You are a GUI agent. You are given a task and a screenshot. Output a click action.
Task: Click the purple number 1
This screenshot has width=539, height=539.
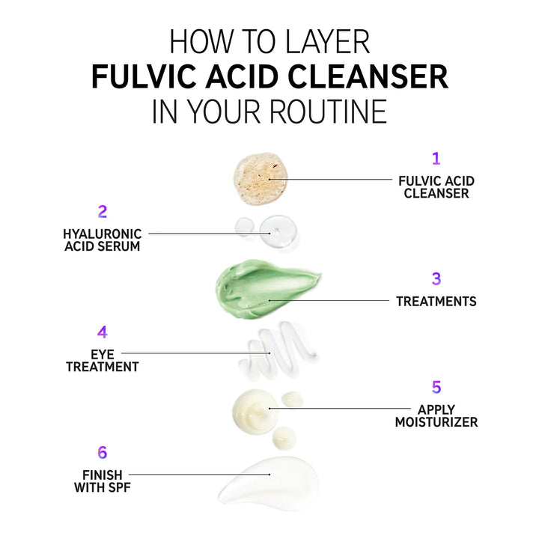pos(436,158)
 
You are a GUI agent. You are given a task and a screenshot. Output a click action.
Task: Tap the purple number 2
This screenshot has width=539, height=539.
pos(103,211)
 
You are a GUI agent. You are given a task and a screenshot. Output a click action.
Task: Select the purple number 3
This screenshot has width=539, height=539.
pos(436,278)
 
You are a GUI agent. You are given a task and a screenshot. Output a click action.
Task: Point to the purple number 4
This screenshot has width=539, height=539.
pos(103,332)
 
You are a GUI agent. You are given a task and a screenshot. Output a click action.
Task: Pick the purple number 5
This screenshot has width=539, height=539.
pos(436,387)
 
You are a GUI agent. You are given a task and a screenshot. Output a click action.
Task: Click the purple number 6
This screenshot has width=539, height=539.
pos(103,452)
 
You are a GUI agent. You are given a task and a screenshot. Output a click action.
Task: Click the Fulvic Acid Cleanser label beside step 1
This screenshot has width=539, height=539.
pos(436,187)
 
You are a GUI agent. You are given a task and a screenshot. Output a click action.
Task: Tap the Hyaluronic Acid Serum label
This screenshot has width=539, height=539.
pos(102,240)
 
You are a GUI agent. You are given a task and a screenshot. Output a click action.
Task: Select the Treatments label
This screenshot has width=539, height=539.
pos(436,302)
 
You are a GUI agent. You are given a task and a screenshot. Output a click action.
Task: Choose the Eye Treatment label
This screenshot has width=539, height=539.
pos(102,360)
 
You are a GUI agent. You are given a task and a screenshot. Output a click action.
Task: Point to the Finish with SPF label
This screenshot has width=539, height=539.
pos(102,481)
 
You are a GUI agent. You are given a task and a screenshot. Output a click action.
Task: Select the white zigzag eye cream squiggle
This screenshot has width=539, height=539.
pos(275,350)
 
